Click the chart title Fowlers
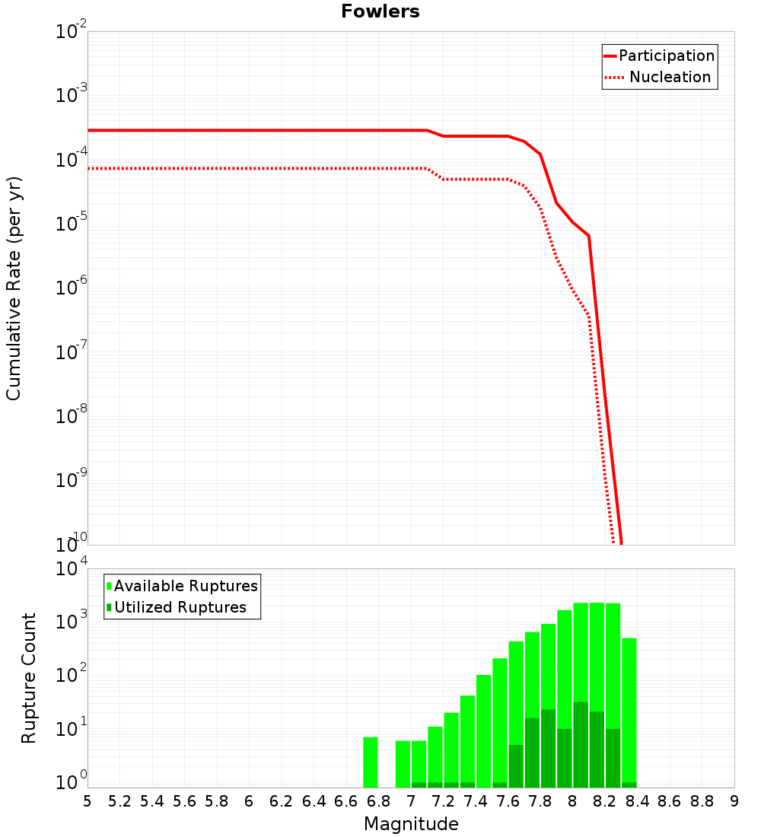coord(380,11)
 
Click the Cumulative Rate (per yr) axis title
coord(14,288)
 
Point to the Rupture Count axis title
coord(29,678)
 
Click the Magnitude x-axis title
coord(411,824)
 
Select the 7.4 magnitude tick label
coord(476,801)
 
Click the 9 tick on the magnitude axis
coord(734,801)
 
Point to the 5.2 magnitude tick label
coord(119,801)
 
